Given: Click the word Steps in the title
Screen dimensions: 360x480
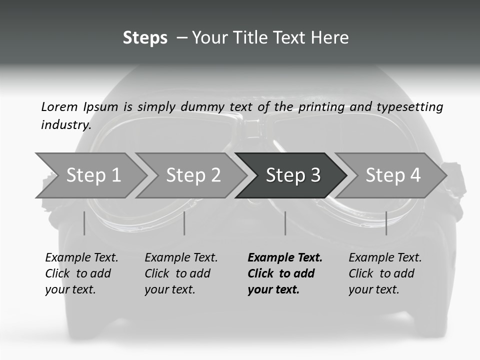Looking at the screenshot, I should [145, 38].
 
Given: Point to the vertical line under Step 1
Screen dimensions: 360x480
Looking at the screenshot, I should [84, 223].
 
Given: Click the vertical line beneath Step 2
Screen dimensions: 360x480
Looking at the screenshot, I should [184, 223].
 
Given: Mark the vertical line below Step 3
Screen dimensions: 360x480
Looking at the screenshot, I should [285, 223].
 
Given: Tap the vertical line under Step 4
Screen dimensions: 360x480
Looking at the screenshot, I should [386, 223].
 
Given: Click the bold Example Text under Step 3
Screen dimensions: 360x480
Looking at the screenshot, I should [284, 273].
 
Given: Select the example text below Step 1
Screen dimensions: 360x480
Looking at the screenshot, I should [81, 273].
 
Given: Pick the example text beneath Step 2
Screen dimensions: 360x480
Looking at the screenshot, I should [181, 273].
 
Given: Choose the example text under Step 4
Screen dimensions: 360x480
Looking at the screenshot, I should [385, 273].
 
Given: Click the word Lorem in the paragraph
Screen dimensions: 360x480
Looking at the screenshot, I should [59, 107].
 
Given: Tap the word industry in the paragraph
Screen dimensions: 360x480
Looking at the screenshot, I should [65, 125].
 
